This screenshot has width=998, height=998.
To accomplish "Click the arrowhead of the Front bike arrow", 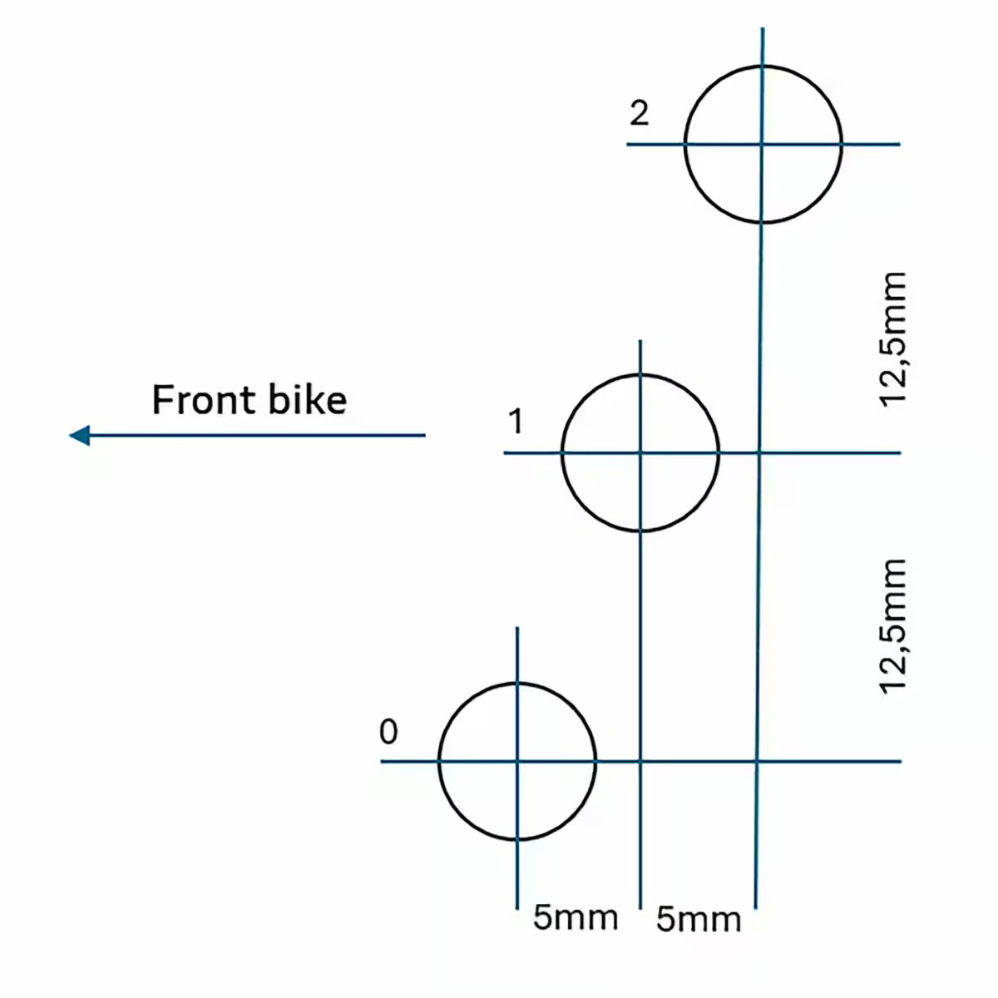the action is coord(79,435).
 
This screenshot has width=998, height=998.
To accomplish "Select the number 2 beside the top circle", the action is coord(639,113).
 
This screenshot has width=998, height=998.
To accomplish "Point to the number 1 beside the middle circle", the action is coord(516,421).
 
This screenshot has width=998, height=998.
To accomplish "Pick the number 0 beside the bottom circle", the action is coord(388,731).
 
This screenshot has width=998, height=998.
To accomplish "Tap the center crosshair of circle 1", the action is coord(640,453).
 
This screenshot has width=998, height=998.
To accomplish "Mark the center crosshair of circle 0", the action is coord(516,761).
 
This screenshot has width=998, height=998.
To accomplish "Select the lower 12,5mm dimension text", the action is coord(893,626).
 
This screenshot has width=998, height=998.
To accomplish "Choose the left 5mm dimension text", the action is coord(576,918).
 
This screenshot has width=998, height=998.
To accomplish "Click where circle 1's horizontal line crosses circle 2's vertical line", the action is coord(759,453).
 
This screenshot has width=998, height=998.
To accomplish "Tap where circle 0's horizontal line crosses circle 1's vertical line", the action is coord(640,761).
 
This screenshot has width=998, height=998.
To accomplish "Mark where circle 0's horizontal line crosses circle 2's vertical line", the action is coord(757,761).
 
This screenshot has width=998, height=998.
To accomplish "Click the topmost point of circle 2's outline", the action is coord(763,66).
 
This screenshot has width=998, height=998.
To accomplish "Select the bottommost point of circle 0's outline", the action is coord(517,839).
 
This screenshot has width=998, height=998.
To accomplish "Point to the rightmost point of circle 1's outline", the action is coord(719,452).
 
